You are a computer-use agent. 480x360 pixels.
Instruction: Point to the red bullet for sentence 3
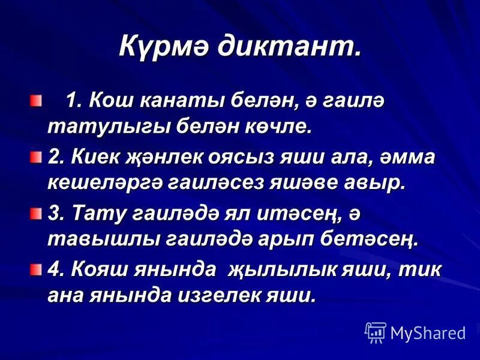[x=37, y=212]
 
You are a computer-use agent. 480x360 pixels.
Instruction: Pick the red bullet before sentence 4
[x=37, y=268]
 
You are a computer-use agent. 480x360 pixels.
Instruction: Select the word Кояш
[x=99, y=269]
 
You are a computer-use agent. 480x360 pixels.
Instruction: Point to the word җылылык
[x=279, y=269]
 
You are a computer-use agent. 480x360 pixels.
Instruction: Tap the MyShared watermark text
[x=428, y=332]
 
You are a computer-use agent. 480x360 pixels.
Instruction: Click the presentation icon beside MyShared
[x=376, y=331]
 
